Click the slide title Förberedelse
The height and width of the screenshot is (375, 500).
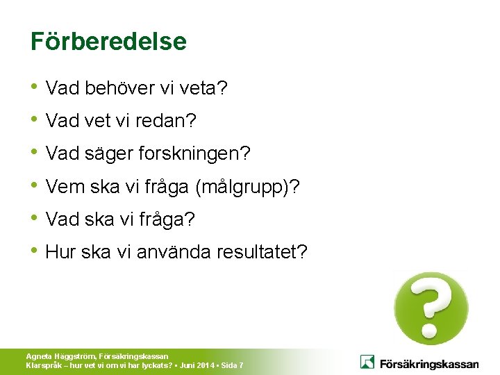[108, 42]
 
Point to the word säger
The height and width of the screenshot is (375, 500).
[107, 153]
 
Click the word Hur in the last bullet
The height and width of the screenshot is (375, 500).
[60, 251]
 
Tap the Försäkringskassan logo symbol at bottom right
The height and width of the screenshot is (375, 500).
[367, 362]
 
